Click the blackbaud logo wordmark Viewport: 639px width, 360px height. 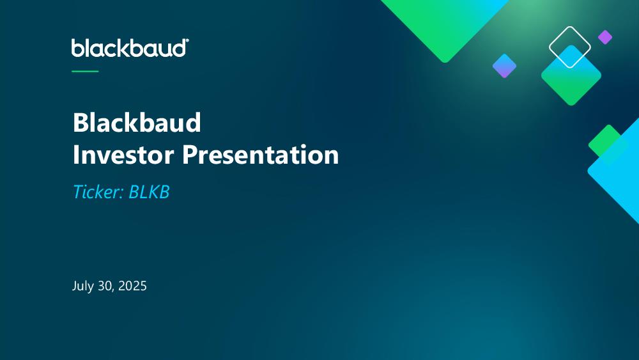tap(129, 48)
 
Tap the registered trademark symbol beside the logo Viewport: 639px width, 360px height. tap(187, 40)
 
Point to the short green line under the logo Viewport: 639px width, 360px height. tap(85, 72)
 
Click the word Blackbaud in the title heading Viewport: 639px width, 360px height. tap(137, 122)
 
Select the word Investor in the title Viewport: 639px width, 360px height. tap(123, 155)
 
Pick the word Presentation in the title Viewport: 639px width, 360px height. tap(261, 155)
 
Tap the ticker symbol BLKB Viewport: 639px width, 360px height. tap(149, 192)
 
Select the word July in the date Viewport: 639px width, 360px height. tap(82, 286)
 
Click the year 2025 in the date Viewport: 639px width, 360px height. tap(132, 286)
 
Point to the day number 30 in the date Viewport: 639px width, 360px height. tap(105, 286)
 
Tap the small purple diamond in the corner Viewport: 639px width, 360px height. tap(605, 37)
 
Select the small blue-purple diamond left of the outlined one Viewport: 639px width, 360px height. tap(505, 66)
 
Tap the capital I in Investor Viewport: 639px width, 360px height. tap(76, 155)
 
